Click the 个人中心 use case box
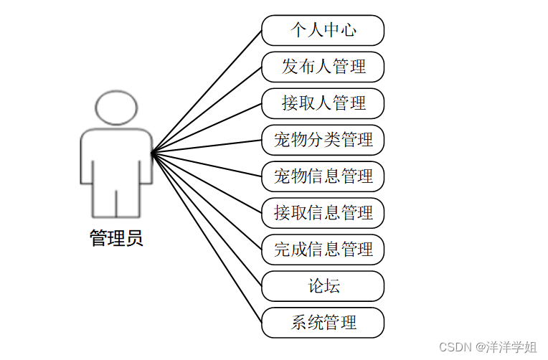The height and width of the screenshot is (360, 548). point(323,30)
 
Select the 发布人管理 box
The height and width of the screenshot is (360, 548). point(323,67)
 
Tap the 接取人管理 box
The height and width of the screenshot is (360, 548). point(323,103)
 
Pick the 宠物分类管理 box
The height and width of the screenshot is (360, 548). point(323,140)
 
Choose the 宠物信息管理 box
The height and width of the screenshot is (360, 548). point(323,176)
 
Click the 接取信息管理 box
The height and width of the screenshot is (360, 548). point(323,213)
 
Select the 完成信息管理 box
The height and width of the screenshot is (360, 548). point(323,250)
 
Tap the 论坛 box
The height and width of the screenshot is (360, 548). point(323,286)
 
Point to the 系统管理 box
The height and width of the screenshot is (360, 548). point(323,323)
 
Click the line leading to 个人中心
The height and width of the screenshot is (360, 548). point(207,91)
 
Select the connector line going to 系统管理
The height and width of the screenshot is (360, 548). point(207,237)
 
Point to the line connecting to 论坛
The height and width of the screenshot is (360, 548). point(207,219)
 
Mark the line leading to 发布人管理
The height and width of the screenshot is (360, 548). point(207,109)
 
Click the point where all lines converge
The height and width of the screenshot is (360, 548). point(152,152)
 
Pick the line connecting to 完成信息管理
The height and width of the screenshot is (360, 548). point(207,201)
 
